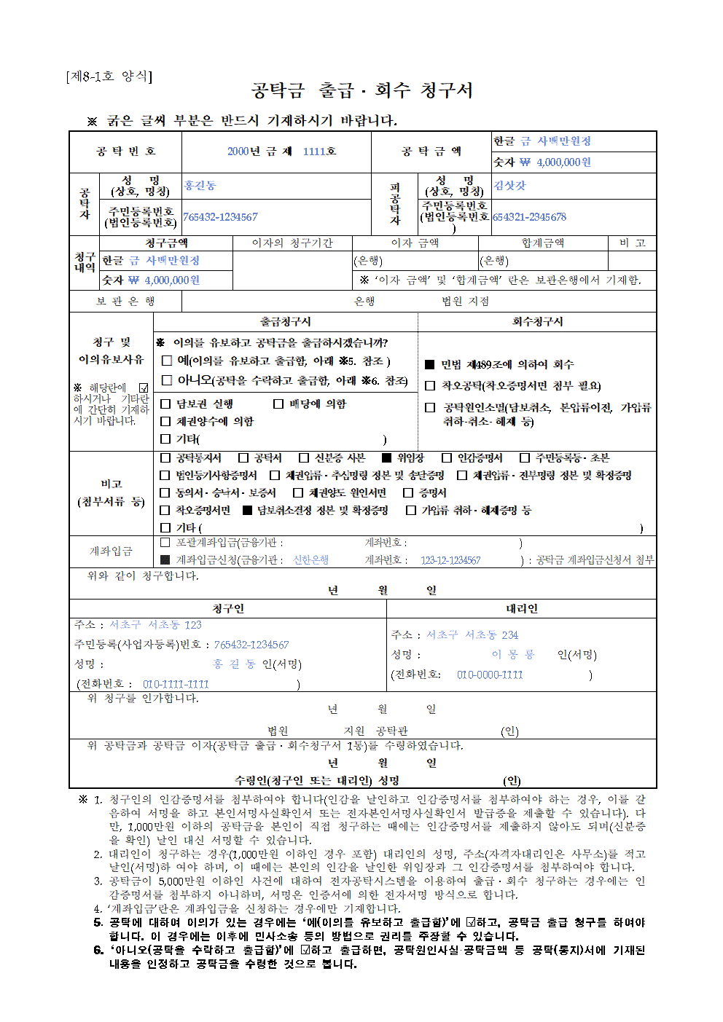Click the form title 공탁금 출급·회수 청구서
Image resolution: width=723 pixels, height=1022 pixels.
(361, 90)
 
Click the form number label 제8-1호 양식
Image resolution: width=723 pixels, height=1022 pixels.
(109, 76)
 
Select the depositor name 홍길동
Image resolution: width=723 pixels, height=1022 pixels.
(200, 186)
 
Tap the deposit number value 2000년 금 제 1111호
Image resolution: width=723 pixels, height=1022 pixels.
(281, 152)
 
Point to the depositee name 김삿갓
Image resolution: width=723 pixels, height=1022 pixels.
(509, 186)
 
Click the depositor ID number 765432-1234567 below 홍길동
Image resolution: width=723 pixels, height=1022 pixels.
(220, 217)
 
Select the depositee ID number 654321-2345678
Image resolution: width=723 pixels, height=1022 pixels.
(529, 217)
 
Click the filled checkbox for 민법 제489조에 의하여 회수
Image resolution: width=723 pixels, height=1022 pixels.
(430, 364)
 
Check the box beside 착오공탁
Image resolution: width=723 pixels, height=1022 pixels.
(430, 386)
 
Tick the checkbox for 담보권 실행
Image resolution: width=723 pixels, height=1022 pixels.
(165, 404)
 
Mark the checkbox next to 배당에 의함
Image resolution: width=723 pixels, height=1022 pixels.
(278, 404)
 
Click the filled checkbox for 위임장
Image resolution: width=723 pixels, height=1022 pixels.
(387, 458)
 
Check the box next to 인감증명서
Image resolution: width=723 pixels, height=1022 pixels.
(447, 458)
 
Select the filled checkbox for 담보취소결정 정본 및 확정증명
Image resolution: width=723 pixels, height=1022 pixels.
(247, 511)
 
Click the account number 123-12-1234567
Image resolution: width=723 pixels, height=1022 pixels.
(450, 560)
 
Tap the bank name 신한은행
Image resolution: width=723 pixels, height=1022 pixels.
(310, 560)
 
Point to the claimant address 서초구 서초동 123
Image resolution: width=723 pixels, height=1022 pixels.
(155, 625)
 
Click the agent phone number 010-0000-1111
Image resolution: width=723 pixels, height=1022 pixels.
(490, 675)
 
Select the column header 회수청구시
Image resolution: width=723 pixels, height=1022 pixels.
(537, 321)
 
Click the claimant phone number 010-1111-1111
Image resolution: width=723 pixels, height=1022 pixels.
(176, 685)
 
